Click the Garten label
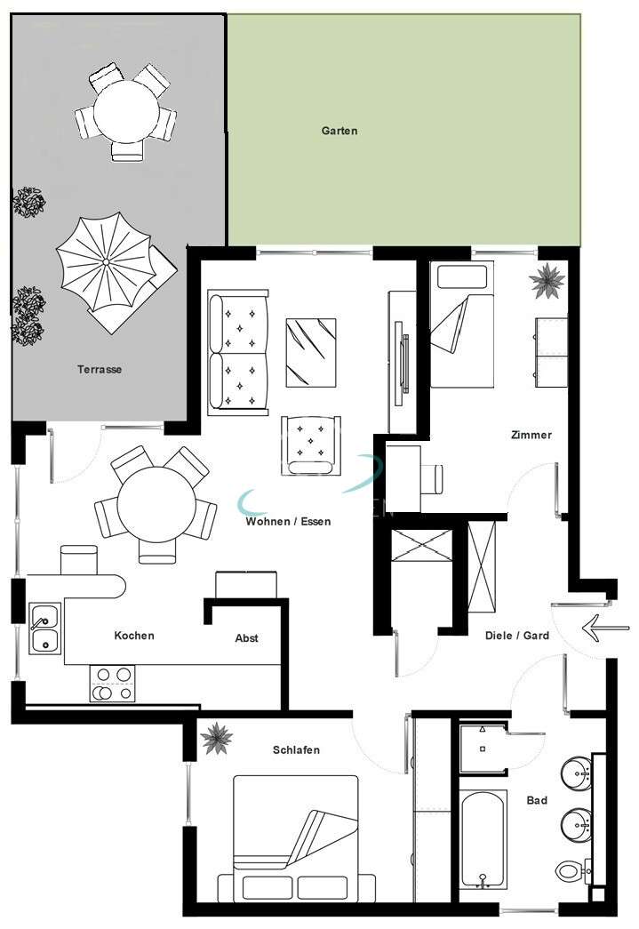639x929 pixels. tap(339, 131)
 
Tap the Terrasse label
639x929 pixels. tap(100, 369)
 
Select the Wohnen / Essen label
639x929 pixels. tap(288, 522)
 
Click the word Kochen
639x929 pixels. tap(134, 636)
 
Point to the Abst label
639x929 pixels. tap(246, 638)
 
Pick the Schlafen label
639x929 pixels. tap(296, 750)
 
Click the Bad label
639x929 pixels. tap(537, 800)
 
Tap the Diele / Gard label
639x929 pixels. tap(516, 636)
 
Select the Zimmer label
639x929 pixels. tap(531, 435)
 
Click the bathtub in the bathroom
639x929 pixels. tap(483, 838)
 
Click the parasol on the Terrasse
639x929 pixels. tap(105, 263)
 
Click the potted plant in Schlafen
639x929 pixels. tap(215, 738)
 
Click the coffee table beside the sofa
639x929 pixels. tap(311, 352)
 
